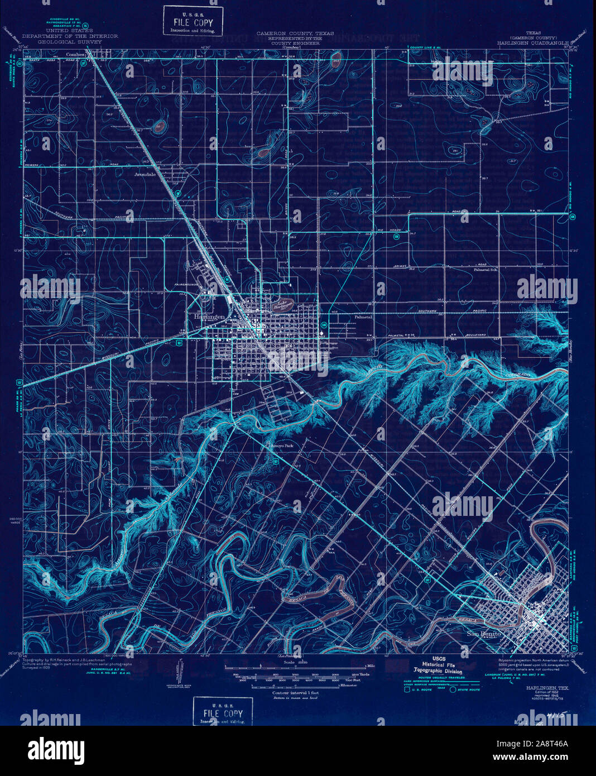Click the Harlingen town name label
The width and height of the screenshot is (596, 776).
pos(208,317)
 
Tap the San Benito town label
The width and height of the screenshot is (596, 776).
pos(484,634)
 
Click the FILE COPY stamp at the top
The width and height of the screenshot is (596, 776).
pos(193,21)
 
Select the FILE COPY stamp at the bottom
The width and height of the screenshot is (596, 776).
pos(222,712)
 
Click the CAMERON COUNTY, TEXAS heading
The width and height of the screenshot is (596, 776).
pos(295,33)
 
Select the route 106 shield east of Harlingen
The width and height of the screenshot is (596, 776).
pos(324,324)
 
